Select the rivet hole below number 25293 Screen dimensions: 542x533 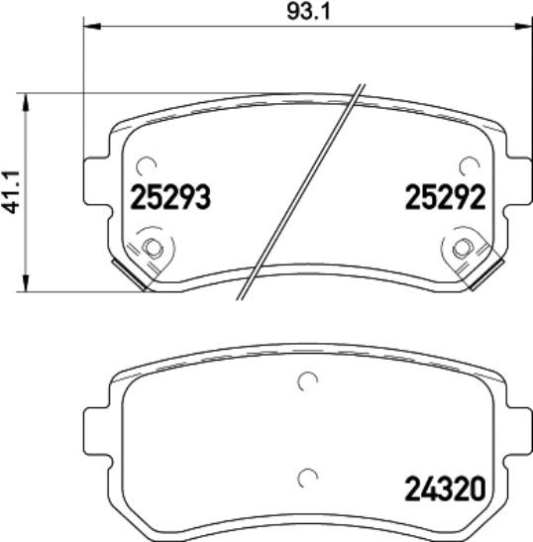152,248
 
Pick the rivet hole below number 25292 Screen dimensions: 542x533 462,248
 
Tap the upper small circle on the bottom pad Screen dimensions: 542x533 307,380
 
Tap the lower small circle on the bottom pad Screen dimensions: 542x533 307,477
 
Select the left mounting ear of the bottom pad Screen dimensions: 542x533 94,430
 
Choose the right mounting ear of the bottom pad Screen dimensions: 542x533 518,430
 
